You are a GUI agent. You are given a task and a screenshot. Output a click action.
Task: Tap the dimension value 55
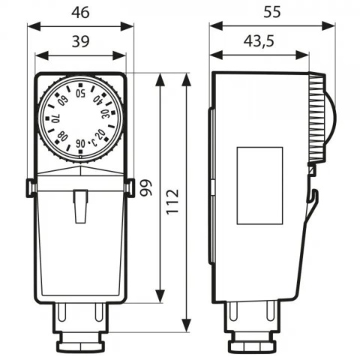pos(272,12)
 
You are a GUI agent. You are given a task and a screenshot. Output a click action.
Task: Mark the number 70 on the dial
pos(55,118)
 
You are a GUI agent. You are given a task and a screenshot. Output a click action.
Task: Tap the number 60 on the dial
pos(62,100)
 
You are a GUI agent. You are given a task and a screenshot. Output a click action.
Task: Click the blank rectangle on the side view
pos(259,185)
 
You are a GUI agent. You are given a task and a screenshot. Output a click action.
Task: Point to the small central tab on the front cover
pos(81,206)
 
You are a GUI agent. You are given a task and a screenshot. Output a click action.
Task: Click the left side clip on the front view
pos(30,187)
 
